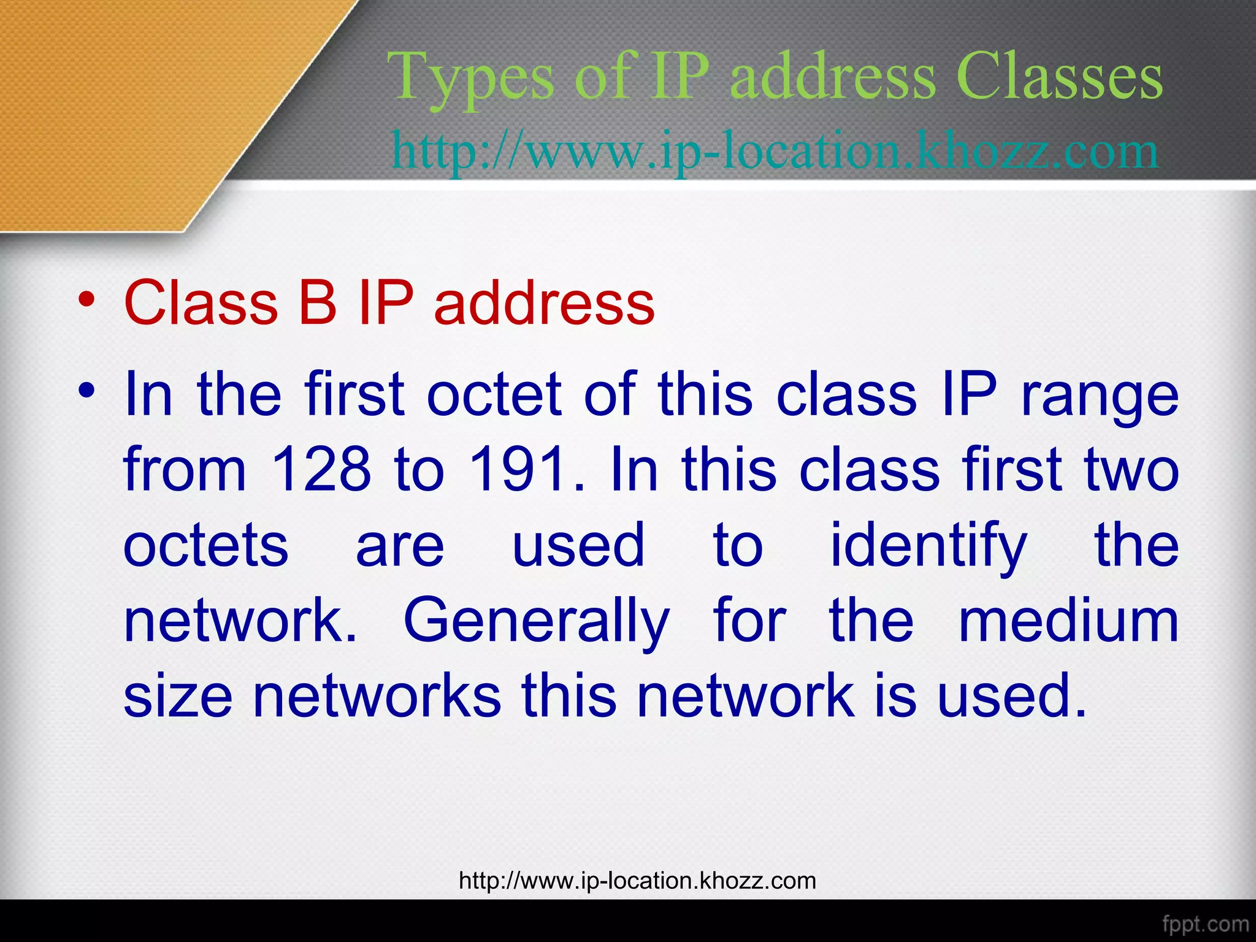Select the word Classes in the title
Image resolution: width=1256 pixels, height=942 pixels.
[1059, 77]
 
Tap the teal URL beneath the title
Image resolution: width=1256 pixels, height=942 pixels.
[775, 151]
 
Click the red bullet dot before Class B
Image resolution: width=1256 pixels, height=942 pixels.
[87, 301]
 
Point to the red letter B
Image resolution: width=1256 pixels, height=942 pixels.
[317, 302]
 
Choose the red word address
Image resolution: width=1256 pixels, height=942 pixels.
[544, 302]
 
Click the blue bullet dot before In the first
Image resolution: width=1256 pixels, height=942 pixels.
[87, 391]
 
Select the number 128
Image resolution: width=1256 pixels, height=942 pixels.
[321, 470]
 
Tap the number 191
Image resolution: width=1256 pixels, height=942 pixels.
[518, 470]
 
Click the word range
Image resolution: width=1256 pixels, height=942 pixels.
[1099, 396]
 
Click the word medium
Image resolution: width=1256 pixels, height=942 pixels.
[1068, 621]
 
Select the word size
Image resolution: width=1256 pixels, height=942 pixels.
[178, 696]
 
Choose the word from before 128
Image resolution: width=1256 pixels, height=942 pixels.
[185, 470]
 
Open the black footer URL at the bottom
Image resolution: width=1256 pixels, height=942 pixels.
[637, 881]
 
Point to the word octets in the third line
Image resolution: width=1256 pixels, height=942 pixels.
[206, 546]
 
